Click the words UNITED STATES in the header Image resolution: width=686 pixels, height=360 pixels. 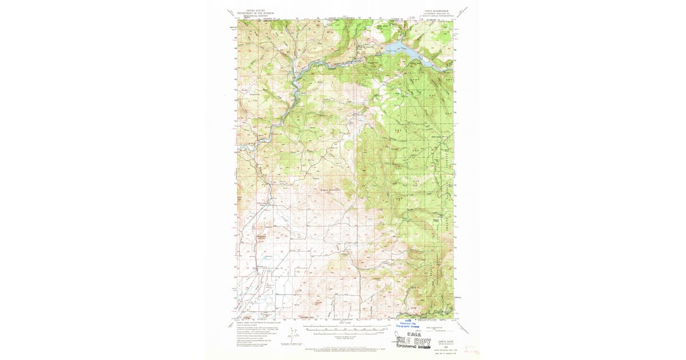(x=256, y=10)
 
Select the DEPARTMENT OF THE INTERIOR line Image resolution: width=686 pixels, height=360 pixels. (x=256, y=13)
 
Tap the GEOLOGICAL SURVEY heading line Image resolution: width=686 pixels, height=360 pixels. (x=256, y=17)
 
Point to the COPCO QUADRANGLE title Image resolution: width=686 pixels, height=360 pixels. (x=437, y=10)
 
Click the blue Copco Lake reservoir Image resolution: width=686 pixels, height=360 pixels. (x=404, y=49)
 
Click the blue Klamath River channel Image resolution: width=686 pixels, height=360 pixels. (x=297, y=86)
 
